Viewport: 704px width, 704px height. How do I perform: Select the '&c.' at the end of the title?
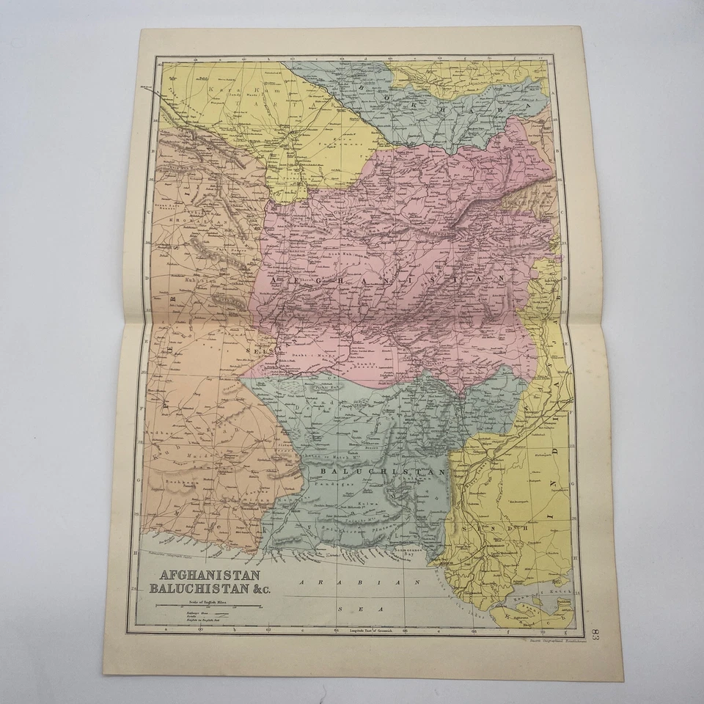click(x=251, y=589)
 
